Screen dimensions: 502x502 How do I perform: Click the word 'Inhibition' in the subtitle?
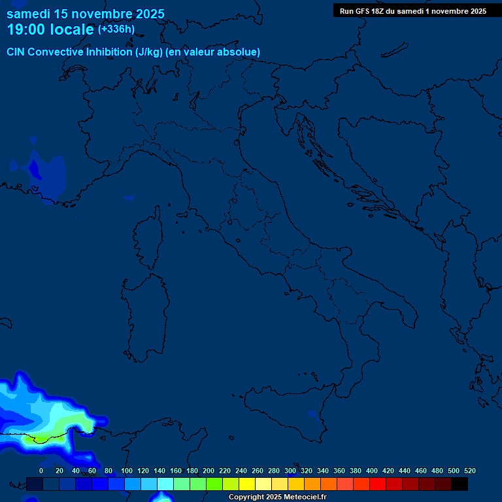point(109,52)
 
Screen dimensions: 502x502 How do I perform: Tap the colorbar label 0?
point(41,471)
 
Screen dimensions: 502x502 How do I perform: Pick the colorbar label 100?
point(127,471)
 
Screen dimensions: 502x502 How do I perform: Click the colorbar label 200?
point(209,471)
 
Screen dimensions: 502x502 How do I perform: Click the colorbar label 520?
point(469,471)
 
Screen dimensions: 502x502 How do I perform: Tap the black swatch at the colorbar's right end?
point(460,484)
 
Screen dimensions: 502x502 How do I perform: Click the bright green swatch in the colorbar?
point(214,484)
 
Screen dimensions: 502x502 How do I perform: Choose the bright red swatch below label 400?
point(378,484)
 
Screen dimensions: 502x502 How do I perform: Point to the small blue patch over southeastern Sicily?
point(312,413)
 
